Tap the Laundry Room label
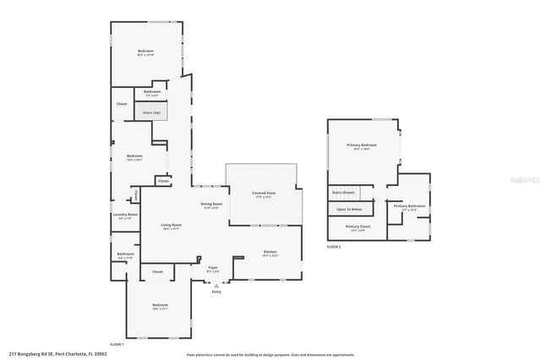pos(124,215)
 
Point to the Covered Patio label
pos(264,193)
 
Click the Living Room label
pos(171,225)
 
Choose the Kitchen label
pos(270,252)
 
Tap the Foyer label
pos(213,268)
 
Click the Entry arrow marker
pos(216,285)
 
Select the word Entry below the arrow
pos(216,292)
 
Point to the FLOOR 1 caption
pos(116,344)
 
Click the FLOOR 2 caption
pos(333,247)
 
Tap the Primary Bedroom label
pos(361,145)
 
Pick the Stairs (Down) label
pos(342,194)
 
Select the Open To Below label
pos(349,209)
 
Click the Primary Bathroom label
pos(408,205)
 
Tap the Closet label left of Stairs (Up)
pos(122,104)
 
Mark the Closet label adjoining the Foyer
pos(157,271)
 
